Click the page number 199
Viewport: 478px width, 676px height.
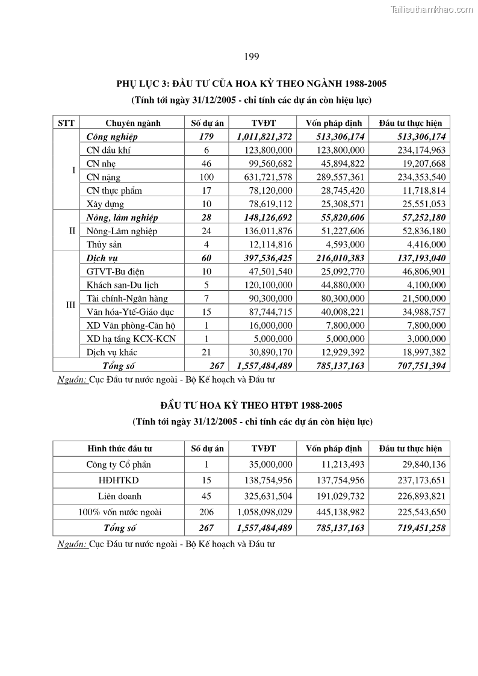click(x=252, y=57)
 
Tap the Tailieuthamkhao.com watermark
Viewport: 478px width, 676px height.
click(x=432, y=9)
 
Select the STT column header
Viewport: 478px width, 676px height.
click(x=66, y=123)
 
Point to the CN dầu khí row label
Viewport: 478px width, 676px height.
click(x=110, y=150)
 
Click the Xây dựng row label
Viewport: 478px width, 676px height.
click(x=105, y=204)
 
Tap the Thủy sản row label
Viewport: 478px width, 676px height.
click(x=105, y=244)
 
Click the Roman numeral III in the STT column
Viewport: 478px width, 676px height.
click(x=70, y=305)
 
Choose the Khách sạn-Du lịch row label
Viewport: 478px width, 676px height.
click(x=122, y=285)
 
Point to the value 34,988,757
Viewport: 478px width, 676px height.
click(x=421, y=312)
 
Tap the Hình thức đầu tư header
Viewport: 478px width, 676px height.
click(x=120, y=448)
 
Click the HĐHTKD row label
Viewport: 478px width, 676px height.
click(x=119, y=481)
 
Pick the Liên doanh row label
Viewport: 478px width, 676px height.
click(x=119, y=497)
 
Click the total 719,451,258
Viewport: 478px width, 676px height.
click(x=417, y=529)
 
